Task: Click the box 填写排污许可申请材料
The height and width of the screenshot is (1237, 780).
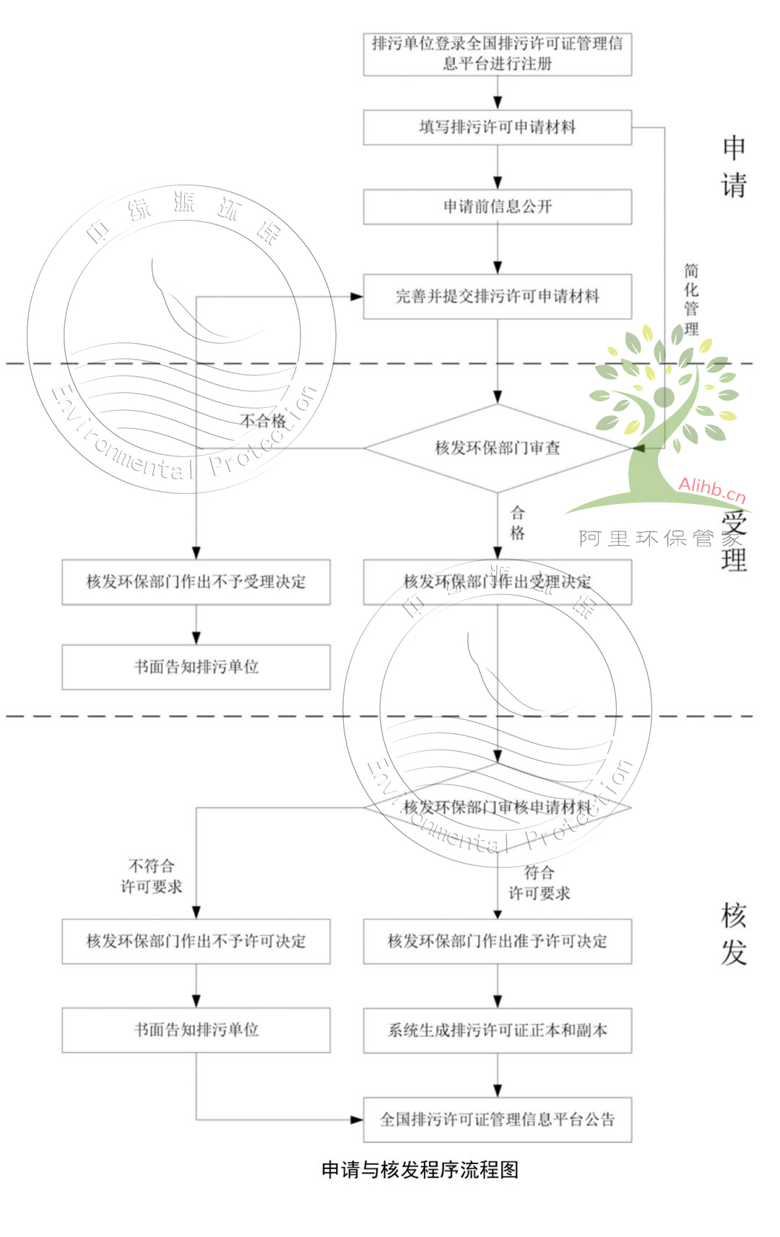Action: [497, 127]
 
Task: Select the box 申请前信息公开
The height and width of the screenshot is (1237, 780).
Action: [497, 207]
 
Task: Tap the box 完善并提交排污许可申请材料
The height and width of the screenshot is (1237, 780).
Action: [497, 296]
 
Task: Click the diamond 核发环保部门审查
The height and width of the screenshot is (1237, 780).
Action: [497, 448]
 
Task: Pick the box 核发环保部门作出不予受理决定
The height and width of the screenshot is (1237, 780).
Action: [196, 582]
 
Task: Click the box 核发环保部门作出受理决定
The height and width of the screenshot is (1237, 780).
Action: [497, 582]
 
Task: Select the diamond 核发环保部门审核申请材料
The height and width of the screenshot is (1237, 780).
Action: [497, 807]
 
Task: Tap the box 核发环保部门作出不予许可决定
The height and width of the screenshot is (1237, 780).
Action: [196, 941]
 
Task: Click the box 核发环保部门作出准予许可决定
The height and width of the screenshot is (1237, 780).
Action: [497, 941]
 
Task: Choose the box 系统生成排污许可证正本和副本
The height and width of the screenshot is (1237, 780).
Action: [497, 1030]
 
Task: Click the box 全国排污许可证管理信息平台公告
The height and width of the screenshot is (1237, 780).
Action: [497, 1120]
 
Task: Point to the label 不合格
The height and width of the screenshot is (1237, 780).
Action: [263, 421]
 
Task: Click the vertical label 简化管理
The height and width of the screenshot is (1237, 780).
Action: [691, 300]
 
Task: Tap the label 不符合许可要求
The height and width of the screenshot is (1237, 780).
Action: [151, 876]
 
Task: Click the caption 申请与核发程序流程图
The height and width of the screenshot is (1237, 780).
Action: [420, 1170]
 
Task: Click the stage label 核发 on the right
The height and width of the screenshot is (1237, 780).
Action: [733, 934]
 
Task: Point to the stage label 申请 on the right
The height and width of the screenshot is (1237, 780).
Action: [733, 166]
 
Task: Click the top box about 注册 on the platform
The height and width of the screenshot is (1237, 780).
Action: [497, 53]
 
